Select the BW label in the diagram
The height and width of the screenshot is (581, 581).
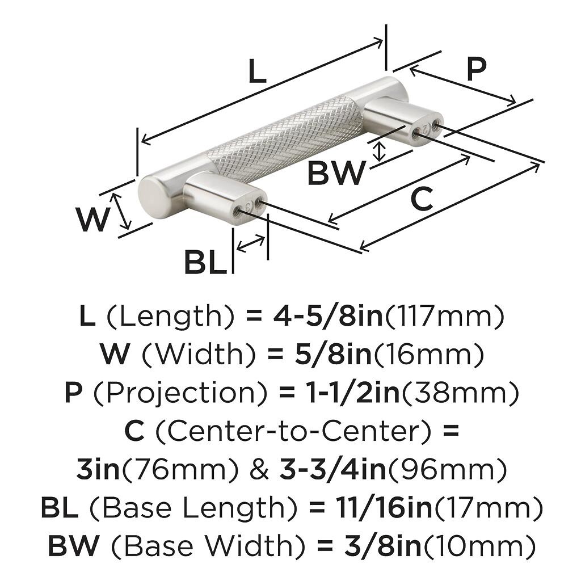(x=336, y=173)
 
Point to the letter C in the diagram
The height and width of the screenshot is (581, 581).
(x=422, y=200)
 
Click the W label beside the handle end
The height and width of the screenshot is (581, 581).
(x=92, y=220)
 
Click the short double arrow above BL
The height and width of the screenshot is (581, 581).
(x=250, y=243)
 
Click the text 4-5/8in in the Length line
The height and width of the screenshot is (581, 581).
(x=328, y=317)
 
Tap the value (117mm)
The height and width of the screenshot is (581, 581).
(x=444, y=317)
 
